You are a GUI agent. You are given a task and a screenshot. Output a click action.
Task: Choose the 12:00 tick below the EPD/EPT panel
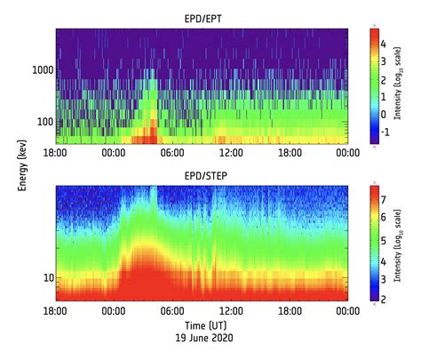230,153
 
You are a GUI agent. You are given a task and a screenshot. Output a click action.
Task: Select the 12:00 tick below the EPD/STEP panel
230,311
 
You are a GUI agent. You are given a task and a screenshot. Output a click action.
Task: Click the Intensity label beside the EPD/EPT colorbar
410,84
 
